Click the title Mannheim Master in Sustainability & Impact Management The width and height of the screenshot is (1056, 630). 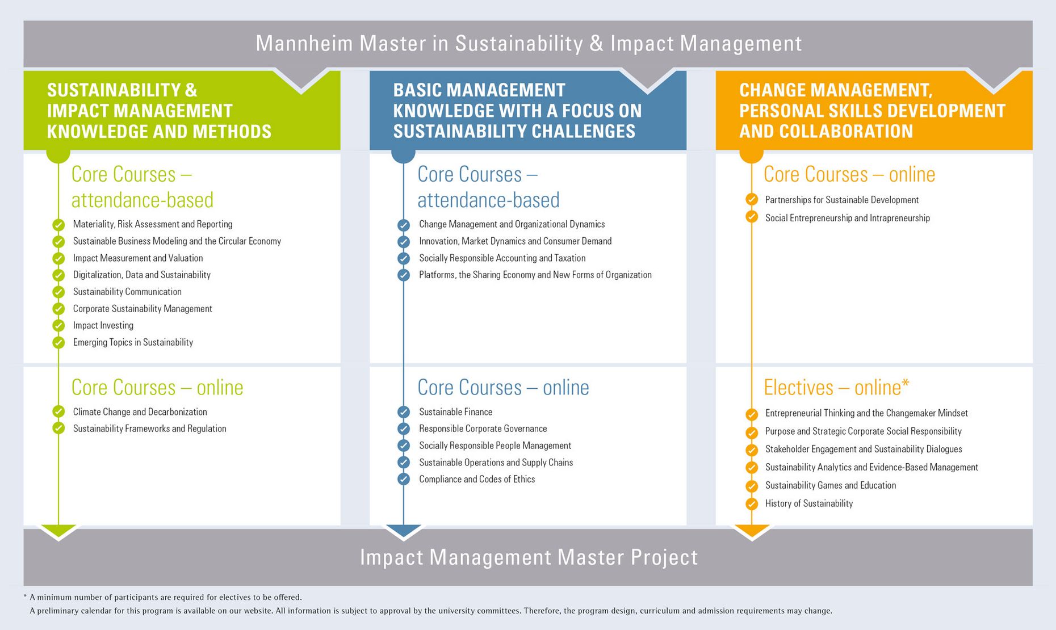529,44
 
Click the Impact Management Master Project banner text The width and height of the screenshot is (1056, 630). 529,557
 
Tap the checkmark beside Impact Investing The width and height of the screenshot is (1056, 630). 58,326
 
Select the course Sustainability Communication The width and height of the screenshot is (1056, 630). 127,292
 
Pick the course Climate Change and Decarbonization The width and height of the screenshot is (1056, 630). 140,412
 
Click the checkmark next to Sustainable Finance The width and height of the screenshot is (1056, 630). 404,412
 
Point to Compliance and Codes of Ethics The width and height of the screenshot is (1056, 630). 477,480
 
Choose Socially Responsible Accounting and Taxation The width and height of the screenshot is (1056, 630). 502,258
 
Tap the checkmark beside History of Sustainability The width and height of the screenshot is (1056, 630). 752,504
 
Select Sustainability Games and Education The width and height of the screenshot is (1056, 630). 831,486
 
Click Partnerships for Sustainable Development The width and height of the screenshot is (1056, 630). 842,200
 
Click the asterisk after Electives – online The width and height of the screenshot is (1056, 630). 906,383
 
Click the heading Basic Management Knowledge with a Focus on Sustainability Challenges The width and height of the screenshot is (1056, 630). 517,111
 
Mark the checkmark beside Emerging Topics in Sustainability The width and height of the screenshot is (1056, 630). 58,343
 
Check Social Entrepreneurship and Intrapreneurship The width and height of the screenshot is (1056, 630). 848,219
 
